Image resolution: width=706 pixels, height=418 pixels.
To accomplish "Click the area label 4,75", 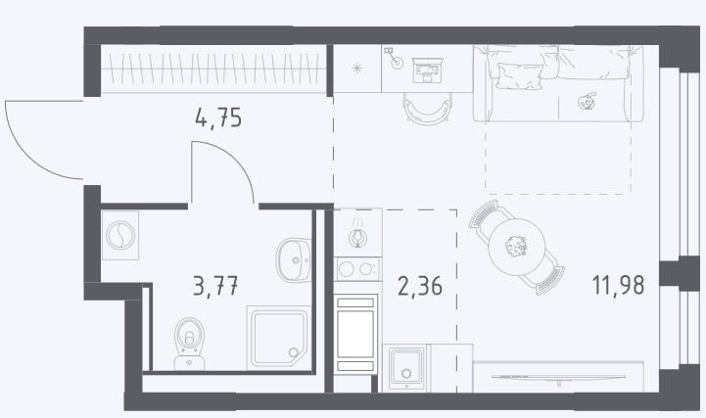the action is coord(218,117).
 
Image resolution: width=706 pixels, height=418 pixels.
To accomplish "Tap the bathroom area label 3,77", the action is coord(215,286).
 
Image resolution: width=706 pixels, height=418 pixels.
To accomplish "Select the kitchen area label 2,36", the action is coord(420,286).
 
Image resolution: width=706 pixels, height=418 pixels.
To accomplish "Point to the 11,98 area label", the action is coord(618,285).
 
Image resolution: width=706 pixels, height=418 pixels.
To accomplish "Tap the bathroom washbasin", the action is coord(294,260).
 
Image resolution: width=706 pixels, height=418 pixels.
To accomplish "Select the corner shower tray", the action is coord(279,338).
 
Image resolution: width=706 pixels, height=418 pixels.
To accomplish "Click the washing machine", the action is coord(120,235).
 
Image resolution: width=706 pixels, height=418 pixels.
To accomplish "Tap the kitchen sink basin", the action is coord(406,367).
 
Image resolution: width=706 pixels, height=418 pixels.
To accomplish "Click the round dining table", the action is coord(517,247).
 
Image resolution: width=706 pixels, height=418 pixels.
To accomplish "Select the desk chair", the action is coord(427,108).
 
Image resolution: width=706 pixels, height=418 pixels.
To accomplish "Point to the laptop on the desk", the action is coord(428,70).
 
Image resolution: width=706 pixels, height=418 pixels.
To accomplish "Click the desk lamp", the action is coord(394,59).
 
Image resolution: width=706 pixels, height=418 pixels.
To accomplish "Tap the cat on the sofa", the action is coord(587,101).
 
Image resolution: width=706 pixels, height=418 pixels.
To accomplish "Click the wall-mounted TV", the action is coord(558,378).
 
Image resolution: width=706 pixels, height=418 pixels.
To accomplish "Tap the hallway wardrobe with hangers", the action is coord(213,69).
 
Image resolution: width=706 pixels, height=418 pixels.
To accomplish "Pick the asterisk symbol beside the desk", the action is coord(357,69).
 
